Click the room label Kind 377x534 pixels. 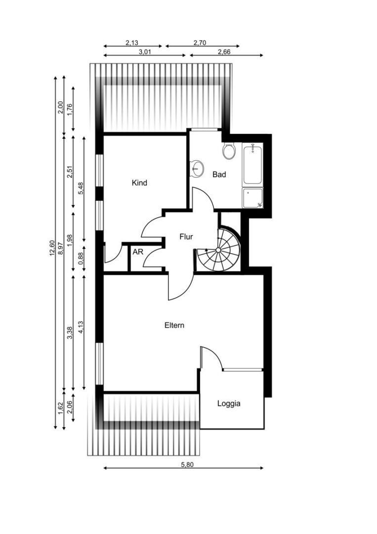tap(139, 183)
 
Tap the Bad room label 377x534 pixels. tap(219, 175)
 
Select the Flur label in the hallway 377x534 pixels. tap(186, 236)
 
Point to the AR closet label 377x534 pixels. tap(138, 252)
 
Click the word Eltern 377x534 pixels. tap(174, 325)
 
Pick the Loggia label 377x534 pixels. tap(229, 403)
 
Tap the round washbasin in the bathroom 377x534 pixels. tap(197, 169)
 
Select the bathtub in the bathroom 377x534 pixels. tap(252, 164)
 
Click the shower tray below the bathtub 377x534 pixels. tap(252, 197)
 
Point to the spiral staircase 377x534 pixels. tap(218, 250)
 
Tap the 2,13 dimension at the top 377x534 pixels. tap(132, 43)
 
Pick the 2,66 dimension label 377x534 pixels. tap(224, 52)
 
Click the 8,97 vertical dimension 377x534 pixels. tap(61, 248)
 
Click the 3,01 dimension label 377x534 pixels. tap(145, 52)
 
